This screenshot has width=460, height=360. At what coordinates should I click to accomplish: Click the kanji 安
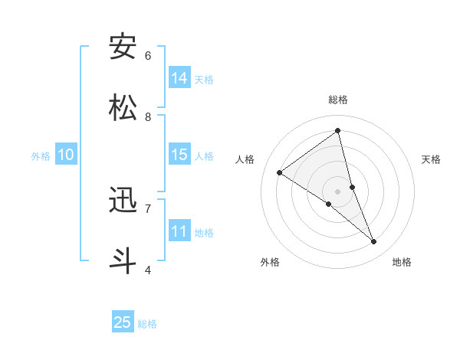[x=123, y=47]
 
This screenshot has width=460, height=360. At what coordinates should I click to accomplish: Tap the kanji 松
[x=123, y=108]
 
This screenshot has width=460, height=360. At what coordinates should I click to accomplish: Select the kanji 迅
[x=123, y=201]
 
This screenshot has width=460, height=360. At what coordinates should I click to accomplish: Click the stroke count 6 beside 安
[x=148, y=55]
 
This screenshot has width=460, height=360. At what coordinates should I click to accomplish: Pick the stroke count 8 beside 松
[x=148, y=116]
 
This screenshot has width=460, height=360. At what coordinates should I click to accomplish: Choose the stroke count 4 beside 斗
[x=148, y=270]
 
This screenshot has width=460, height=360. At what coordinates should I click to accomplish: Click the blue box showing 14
[x=179, y=78]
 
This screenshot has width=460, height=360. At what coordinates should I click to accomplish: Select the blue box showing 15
[x=179, y=155]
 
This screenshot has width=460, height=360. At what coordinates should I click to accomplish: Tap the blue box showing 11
[x=179, y=231]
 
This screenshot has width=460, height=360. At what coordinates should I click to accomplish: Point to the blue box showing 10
[x=66, y=155]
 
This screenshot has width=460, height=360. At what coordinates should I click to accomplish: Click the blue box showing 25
[x=123, y=322]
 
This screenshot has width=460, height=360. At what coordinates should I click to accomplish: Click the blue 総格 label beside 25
[x=148, y=324]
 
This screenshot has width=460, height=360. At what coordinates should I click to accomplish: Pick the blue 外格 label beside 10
[x=41, y=155]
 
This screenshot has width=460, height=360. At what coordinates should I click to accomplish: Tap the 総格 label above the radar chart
[x=338, y=100]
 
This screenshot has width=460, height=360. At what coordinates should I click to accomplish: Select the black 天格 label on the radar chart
[x=432, y=159]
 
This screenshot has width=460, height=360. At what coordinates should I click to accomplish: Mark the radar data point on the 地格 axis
[x=374, y=241]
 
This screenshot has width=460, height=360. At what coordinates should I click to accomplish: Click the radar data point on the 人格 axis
[x=280, y=173]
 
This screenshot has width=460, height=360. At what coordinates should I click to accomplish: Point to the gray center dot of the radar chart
[x=338, y=191]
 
